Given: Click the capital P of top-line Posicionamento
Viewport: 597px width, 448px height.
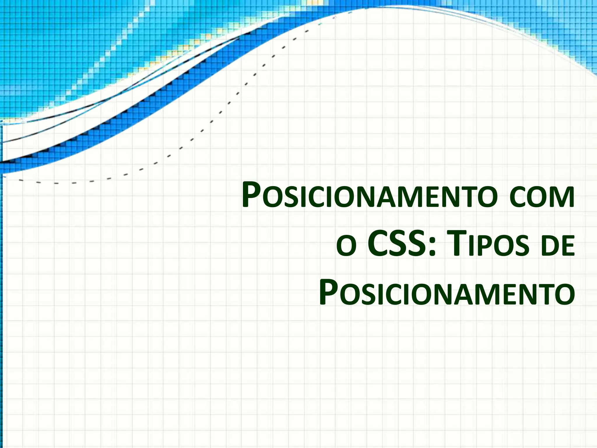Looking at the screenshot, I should point(251,195).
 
